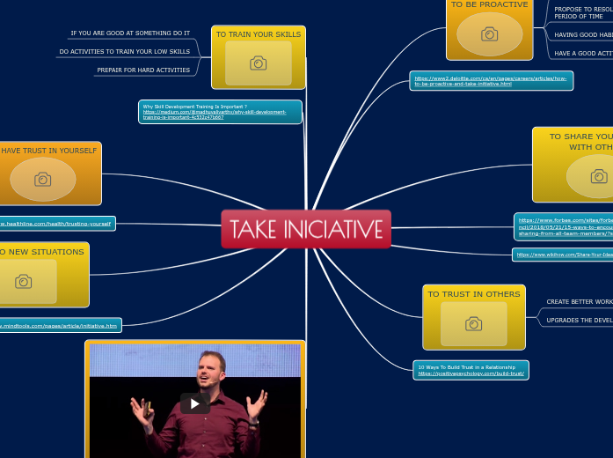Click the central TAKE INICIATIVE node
(305, 229)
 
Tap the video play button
(195, 403)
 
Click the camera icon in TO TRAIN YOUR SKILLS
(258, 63)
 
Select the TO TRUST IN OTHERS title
(473, 294)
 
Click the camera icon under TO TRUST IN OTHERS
(473, 324)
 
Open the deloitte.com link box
(492, 81)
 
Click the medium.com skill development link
(220, 112)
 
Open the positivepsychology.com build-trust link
(471, 370)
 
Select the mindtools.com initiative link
(58, 326)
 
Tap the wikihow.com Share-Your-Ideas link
(564, 255)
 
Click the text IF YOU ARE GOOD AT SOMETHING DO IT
(130, 33)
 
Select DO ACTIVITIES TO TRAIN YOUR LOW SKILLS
(124, 52)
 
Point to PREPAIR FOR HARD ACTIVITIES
(143, 70)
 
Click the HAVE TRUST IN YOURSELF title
(48, 151)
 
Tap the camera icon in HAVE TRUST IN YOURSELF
(42, 180)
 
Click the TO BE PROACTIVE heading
(489, 4)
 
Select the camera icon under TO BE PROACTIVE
(489, 34)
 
